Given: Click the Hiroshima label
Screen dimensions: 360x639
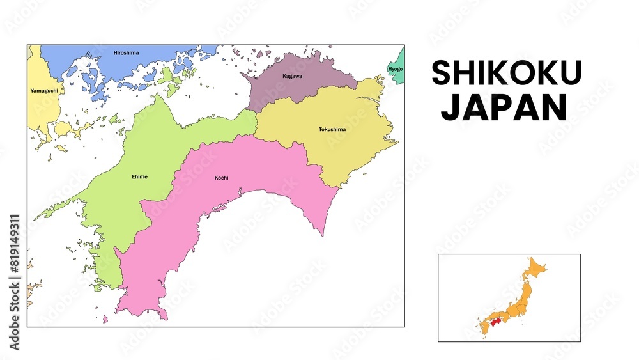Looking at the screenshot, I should (126, 52).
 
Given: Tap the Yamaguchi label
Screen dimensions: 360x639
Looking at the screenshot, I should (43, 91).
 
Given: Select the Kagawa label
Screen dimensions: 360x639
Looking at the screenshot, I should (292, 76).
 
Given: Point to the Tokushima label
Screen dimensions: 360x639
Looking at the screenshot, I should (332, 130).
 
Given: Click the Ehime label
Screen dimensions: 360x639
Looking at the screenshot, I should (139, 176).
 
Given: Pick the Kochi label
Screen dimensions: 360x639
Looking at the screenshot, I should (221, 178).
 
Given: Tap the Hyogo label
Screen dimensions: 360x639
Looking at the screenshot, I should (396, 68).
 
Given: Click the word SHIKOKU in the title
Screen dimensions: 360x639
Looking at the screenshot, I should (506, 74).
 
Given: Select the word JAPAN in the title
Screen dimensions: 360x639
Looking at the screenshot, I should (504, 108).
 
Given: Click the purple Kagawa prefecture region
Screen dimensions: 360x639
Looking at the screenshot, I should (300, 90).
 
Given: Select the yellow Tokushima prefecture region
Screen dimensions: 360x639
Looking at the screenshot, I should (345, 144).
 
